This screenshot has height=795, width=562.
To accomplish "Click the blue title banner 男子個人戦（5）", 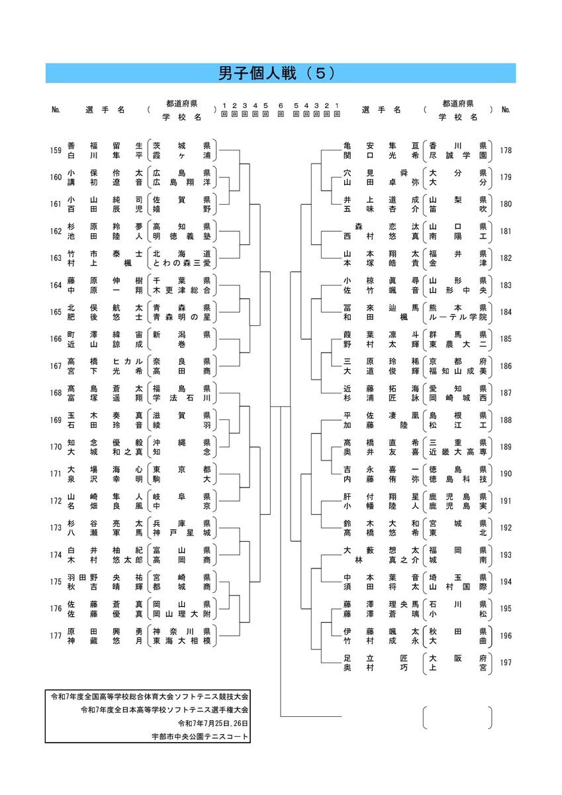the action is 281,73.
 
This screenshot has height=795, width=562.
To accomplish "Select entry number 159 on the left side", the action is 56,150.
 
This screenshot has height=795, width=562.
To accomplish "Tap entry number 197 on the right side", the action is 506,662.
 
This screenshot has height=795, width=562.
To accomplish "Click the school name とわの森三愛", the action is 181,263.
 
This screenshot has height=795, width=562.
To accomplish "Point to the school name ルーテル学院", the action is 458,317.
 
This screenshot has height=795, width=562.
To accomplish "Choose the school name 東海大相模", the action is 181,641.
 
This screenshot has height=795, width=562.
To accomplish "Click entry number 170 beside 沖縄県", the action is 56,447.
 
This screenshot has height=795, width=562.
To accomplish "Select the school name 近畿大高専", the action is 458,452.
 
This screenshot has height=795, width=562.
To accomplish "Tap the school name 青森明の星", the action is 181,317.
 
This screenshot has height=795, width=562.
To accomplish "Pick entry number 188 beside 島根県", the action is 506,420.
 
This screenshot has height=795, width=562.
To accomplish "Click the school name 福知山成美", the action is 458,371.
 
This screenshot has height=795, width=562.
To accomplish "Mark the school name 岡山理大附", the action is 181,613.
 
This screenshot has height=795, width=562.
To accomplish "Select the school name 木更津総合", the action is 181,290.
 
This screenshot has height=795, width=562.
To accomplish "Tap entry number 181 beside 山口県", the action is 506,231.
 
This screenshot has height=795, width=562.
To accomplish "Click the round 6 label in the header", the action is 281,110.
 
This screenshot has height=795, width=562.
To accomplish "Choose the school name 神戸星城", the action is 181,533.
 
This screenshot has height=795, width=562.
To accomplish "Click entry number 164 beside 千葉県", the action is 56,285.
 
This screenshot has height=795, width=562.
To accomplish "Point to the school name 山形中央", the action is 458,290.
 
